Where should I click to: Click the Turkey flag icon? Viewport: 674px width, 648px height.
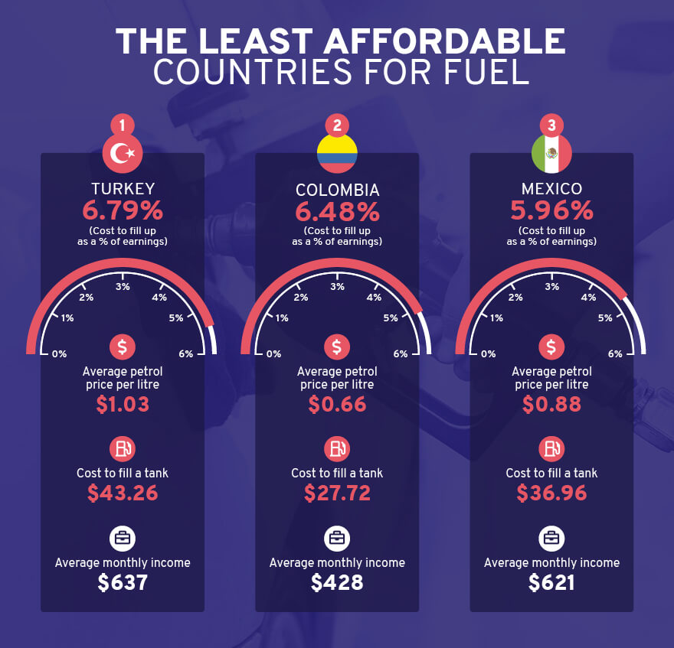coord(123,154)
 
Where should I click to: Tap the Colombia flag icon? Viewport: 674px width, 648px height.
coord(337,154)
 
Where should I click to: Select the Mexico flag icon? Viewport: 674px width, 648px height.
coord(551,154)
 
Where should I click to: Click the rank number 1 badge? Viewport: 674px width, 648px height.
coord(123,125)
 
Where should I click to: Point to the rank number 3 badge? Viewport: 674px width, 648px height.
coord(551,125)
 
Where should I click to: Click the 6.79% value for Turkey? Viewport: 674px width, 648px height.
coord(123,210)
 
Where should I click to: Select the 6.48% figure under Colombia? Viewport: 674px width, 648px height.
coord(337,210)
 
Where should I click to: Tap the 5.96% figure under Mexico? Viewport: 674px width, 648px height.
coord(551,210)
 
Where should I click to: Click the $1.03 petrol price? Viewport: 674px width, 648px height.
coord(123,404)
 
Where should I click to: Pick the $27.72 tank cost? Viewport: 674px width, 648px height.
coord(337,493)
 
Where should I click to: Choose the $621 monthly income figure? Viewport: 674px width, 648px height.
coord(551,583)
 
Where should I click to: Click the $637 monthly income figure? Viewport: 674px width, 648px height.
coord(123,583)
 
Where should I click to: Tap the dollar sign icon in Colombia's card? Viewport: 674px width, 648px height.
coord(337,347)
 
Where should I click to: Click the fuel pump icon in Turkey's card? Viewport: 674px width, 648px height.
coord(123,448)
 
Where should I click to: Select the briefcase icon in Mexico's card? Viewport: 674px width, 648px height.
coord(551,538)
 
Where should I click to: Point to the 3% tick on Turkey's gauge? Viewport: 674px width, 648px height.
coord(123,287)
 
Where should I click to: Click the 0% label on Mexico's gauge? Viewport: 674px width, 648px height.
coord(488,354)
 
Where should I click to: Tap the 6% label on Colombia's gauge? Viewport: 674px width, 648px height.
coord(401,354)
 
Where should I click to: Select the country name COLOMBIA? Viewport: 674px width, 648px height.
coord(337,189)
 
